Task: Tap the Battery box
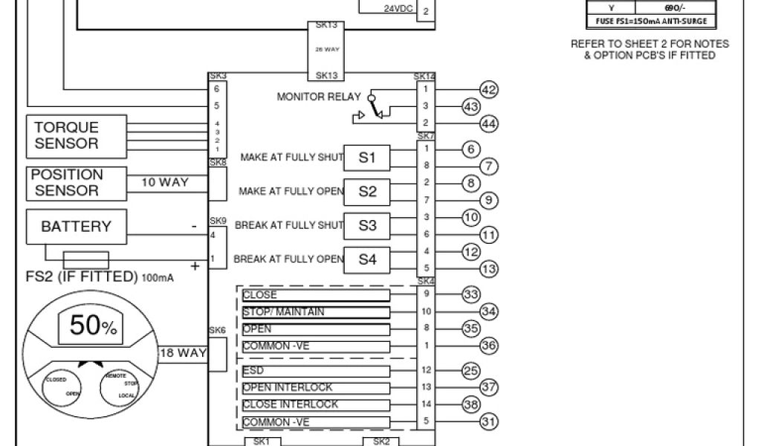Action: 75,227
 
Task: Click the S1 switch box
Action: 367,158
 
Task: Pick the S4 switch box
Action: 367,259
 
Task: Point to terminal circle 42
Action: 488,90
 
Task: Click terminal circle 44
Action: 488,123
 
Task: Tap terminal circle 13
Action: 488,268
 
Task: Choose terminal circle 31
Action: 488,421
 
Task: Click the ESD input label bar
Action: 316,371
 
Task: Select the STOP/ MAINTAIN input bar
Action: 316,312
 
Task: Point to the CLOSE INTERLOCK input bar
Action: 316,405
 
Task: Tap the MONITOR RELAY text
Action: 319,97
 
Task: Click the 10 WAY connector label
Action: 164,182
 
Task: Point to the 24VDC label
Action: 399,9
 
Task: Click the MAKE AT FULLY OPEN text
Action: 291,192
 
